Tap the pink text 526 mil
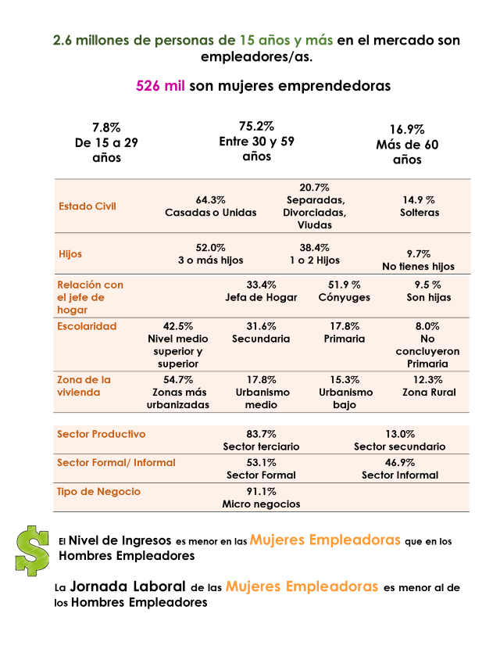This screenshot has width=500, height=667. (x=160, y=85)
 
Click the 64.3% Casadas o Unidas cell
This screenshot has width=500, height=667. (x=210, y=206)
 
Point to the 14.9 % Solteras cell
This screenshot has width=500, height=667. (x=420, y=206)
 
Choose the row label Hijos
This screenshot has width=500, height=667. (x=70, y=254)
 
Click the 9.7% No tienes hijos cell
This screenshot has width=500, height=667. (x=418, y=260)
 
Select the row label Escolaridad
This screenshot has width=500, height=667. (x=87, y=326)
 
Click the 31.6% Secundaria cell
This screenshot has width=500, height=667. (x=261, y=333)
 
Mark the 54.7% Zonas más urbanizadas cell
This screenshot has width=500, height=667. (x=177, y=393)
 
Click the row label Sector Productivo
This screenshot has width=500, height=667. (x=101, y=434)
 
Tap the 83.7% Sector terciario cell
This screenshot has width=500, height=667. (x=261, y=440)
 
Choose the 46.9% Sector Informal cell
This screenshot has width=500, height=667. (x=400, y=468)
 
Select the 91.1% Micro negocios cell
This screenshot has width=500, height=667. (x=261, y=497)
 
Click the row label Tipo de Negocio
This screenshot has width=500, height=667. (x=98, y=491)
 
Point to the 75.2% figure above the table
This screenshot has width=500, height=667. (x=256, y=126)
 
